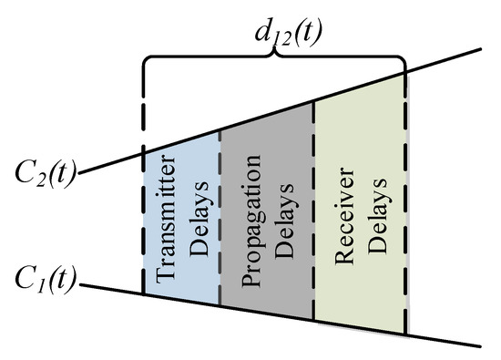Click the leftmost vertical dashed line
click(x=144, y=219)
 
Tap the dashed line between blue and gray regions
click(x=220, y=219)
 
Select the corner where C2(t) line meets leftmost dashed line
click(x=144, y=149)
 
